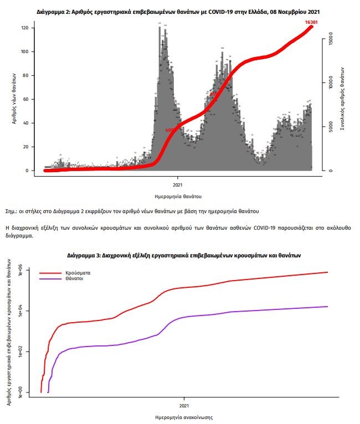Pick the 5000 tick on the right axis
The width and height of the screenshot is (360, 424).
(x=330, y=127)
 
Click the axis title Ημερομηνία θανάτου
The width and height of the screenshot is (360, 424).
(x=178, y=196)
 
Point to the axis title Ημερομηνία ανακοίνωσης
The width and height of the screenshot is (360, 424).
(x=183, y=417)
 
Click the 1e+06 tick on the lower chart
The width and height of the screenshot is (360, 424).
(x=22, y=272)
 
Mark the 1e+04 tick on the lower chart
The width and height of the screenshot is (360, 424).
(x=22, y=312)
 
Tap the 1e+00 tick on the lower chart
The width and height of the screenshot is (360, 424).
(x=22, y=392)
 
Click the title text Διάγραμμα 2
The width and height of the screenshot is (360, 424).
(x=54, y=11)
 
